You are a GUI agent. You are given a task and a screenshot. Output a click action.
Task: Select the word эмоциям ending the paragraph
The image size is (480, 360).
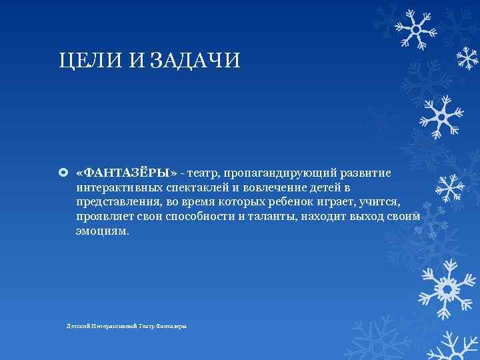click(103, 232)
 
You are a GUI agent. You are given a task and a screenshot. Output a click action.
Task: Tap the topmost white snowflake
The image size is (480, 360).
click(414, 28)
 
